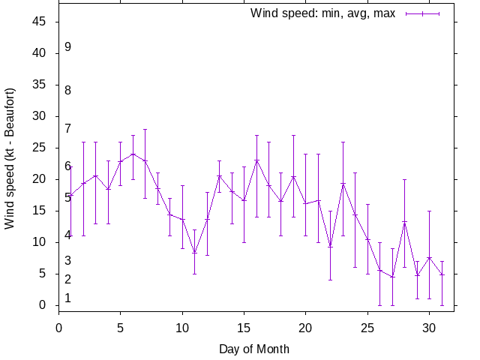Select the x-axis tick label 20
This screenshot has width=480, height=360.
point(305,326)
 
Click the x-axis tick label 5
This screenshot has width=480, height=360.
point(121,326)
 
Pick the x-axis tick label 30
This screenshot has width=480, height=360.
point(428,326)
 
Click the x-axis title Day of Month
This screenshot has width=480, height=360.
point(254,349)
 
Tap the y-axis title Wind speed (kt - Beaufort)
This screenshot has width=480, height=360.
point(10,158)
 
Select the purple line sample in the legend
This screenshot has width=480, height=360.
point(422,13)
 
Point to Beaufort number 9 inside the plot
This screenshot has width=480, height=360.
point(67,46)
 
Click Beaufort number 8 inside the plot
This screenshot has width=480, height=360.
point(67,90)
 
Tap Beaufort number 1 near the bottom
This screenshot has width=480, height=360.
point(67,298)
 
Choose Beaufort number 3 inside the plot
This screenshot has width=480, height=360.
point(67,260)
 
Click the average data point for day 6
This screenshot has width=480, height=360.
point(133,154)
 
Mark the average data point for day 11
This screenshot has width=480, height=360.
point(194,253)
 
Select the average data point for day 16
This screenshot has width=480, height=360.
point(256,160)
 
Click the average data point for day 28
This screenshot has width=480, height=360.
point(404,222)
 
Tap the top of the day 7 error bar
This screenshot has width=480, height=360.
point(145,129)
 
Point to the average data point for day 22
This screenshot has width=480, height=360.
point(330,246)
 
